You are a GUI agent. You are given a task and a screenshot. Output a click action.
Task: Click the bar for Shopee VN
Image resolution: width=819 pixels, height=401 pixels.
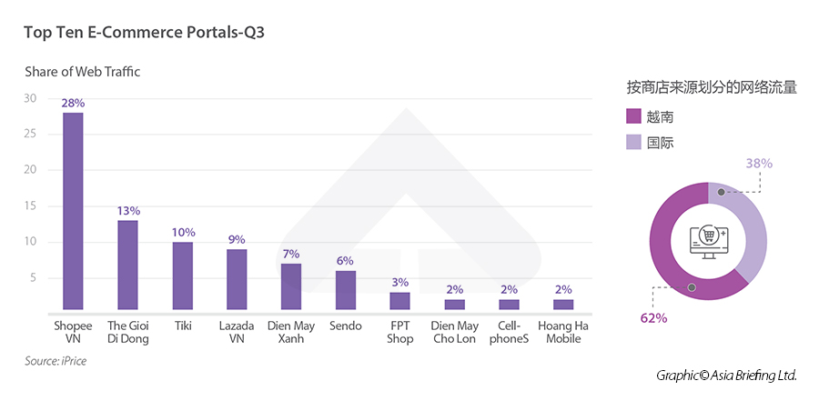73,211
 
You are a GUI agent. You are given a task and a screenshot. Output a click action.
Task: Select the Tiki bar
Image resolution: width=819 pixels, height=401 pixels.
182,276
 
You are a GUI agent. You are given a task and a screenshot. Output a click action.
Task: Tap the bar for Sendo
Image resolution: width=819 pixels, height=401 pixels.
346,290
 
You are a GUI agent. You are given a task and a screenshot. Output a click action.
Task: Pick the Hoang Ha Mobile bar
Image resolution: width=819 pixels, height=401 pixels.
563,305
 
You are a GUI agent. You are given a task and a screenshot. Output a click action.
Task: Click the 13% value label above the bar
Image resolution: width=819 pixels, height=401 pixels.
127,211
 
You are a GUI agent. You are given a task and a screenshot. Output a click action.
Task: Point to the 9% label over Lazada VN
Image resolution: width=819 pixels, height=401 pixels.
237,240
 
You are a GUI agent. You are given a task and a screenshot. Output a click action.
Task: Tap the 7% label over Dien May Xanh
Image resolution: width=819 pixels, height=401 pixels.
291,254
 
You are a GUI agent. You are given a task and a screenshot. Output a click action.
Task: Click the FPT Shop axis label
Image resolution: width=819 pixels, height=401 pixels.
400,332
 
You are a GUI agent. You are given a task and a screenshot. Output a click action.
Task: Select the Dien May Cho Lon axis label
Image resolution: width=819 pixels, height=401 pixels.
454,332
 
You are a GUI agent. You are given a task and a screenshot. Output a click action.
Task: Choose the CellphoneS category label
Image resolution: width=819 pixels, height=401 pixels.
509,332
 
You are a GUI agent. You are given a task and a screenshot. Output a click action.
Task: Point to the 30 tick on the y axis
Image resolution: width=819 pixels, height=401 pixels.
30,98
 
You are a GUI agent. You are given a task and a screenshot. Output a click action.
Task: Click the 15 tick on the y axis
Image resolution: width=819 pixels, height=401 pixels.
30,206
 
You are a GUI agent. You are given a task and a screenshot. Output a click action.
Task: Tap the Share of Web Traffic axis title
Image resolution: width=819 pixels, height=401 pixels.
82,71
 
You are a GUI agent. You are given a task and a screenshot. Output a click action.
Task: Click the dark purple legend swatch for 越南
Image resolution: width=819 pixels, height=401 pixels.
634,116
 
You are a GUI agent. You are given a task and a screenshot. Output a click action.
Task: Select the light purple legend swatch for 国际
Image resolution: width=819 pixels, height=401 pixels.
634,143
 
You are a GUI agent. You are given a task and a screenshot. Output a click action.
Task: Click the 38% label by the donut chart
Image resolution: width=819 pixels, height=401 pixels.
759,164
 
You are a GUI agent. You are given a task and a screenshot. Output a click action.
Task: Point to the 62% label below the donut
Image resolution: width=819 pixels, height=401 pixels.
653,318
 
